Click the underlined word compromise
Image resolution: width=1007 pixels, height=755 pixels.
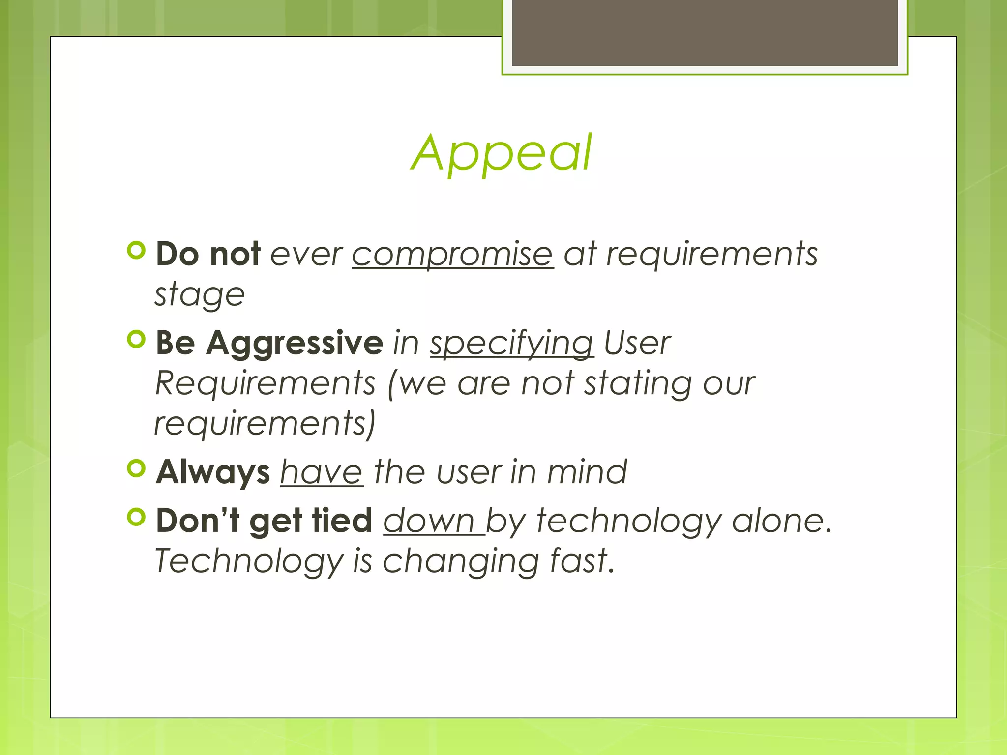click(x=452, y=254)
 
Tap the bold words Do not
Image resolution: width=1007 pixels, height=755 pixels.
click(x=207, y=254)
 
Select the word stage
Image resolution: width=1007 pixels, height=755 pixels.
click(x=200, y=295)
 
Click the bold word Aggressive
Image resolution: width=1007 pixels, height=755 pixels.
click(x=295, y=343)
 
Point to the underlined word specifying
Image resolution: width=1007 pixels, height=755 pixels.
click(x=511, y=344)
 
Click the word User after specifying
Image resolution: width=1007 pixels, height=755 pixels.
click(x=637, y=343)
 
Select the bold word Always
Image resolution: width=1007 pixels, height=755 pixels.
click(x=212, y=472)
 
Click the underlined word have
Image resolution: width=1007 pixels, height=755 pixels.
click(x=322, y=472)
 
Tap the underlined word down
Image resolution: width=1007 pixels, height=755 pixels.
click(x=429, y=521)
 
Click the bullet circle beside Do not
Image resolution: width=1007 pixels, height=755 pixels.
click(x=136, y=250)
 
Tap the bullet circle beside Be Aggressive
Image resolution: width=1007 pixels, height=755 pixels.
click(x=136, y=339)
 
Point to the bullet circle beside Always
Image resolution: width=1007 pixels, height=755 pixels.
click(x=136, y=468)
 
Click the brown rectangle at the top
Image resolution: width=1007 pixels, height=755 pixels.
click(x=705, y=32)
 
